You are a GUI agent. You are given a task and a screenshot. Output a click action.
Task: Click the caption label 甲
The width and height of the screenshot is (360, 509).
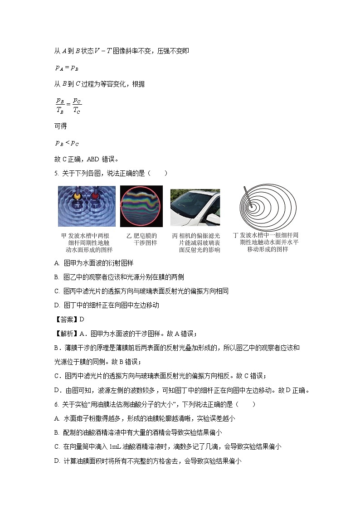(x=63, y=236)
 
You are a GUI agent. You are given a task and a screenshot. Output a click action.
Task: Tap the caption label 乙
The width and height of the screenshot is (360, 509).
(x=129, y=236)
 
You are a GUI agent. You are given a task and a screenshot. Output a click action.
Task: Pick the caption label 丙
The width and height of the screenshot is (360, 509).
(x=175, y=236)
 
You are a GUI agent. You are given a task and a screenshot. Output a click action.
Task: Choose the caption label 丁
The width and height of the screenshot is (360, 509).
(x=235, y=236)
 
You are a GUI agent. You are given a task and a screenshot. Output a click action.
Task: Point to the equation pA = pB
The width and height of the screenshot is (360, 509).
(x=67, y=68)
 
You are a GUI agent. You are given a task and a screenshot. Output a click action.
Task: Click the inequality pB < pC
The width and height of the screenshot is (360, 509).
(x=67, y=143)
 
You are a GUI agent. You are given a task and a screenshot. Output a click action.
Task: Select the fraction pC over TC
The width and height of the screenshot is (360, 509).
(x=77, y=106)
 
